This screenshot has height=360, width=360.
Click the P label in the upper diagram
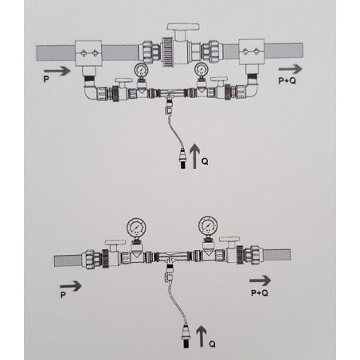point(46,79)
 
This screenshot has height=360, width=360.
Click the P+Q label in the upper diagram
point(287,80)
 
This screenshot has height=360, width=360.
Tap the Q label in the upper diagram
point(205,161)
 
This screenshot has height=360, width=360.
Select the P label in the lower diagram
point(63,295)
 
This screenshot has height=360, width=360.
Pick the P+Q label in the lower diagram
point(260,293)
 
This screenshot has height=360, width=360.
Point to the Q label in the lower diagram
point(212,344)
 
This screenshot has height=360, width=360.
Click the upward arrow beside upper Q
point(195,156)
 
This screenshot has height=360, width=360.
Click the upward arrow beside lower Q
point(202,336)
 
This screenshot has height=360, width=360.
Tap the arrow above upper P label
point(57,71)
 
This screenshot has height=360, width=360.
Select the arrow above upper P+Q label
point(290,69)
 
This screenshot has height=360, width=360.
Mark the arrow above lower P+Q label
point(260,280)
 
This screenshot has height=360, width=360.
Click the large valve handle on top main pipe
point(183,27)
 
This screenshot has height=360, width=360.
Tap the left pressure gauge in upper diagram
point(141,70)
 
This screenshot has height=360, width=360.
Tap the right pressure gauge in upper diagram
point(202,69)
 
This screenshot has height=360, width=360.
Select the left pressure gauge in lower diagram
point(136,228)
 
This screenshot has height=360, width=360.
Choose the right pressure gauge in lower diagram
point(208,226)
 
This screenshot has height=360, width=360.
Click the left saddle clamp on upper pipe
point(88,53)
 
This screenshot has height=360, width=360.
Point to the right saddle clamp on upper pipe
point(252,52)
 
